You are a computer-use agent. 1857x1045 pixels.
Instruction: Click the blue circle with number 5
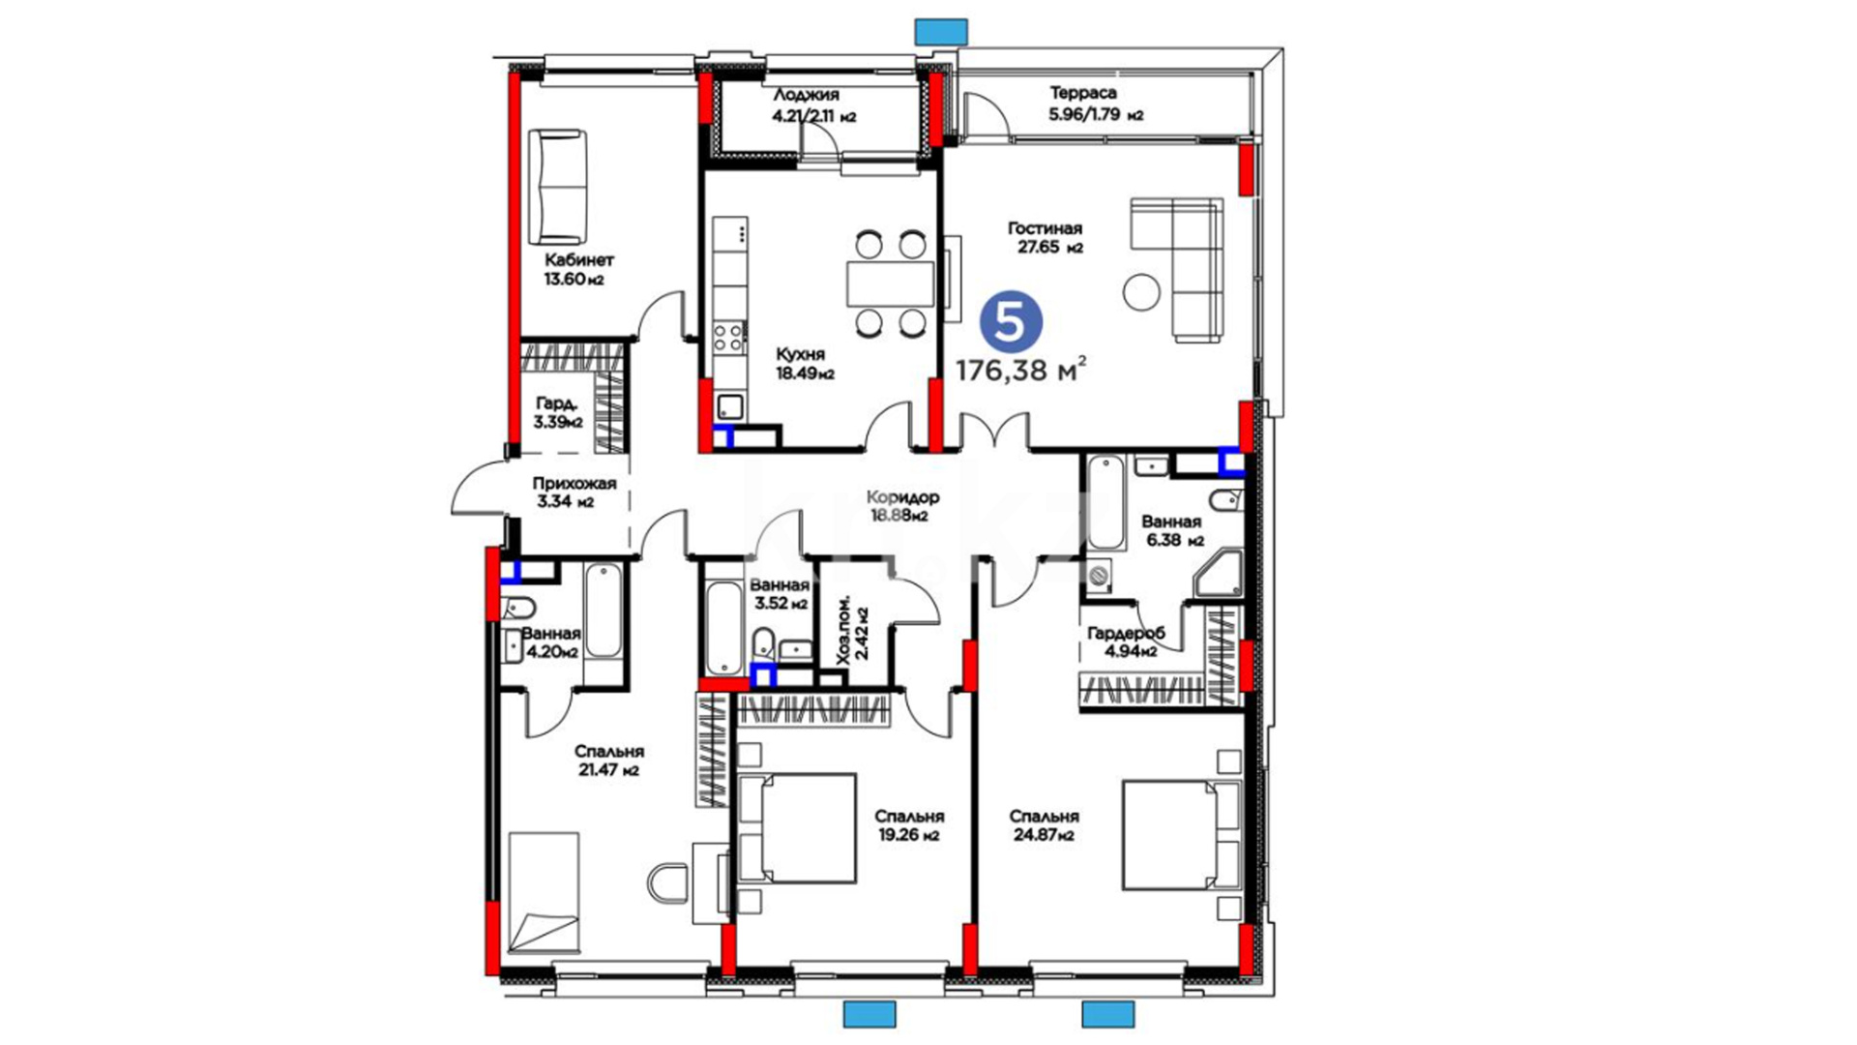(1011, 322)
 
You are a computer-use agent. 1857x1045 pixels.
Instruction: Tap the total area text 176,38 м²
(1021, 370)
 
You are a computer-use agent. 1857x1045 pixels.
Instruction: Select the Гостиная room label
(1045, 228)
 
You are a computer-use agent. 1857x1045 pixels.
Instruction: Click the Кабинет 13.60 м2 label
(577, 269)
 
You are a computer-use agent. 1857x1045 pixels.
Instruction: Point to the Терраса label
(1083, 93)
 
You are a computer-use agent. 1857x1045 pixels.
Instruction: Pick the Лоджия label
(806, 95)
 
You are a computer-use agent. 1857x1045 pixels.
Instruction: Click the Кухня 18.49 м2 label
(803, 364)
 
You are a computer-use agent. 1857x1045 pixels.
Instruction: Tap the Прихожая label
(574, 483)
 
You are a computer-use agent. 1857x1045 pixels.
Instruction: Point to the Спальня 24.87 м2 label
(1044, 825)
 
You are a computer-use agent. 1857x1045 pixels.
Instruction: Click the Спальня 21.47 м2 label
(608, 761)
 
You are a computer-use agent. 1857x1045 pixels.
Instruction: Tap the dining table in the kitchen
(891, 284)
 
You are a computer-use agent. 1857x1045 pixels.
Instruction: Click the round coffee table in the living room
(1142, 291)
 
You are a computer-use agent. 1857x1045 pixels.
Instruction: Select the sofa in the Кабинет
(558, 188)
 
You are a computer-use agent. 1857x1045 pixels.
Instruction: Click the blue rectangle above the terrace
(941, 32)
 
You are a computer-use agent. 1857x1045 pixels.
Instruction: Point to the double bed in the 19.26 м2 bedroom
(796, 828)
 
